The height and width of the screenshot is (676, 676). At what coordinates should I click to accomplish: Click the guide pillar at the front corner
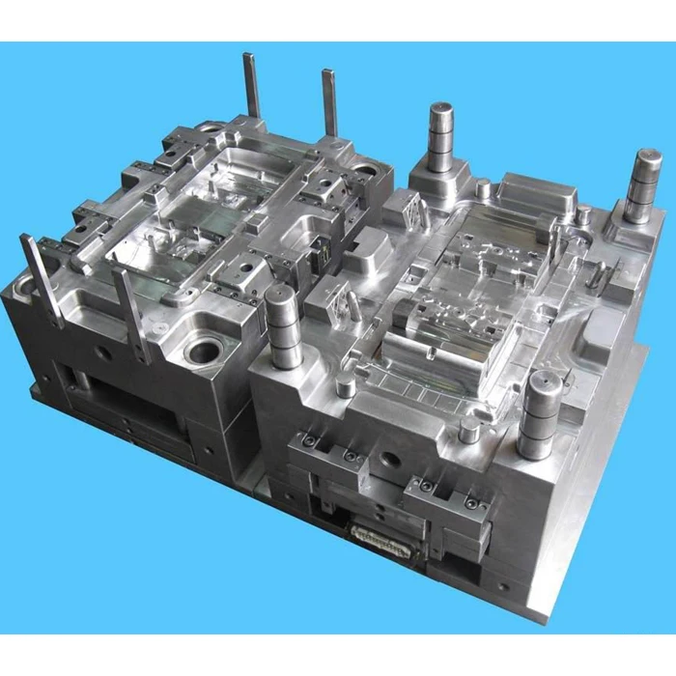(x=539, y=415)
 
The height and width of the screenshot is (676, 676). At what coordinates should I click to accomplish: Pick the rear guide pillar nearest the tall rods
(x=441, y=139)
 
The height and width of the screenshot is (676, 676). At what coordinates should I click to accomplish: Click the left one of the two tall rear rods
(x=253, y=87)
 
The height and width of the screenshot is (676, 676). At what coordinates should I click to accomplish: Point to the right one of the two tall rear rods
(x=329, y=102)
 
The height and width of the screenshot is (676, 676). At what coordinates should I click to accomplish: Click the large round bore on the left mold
(x=204, y=350)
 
